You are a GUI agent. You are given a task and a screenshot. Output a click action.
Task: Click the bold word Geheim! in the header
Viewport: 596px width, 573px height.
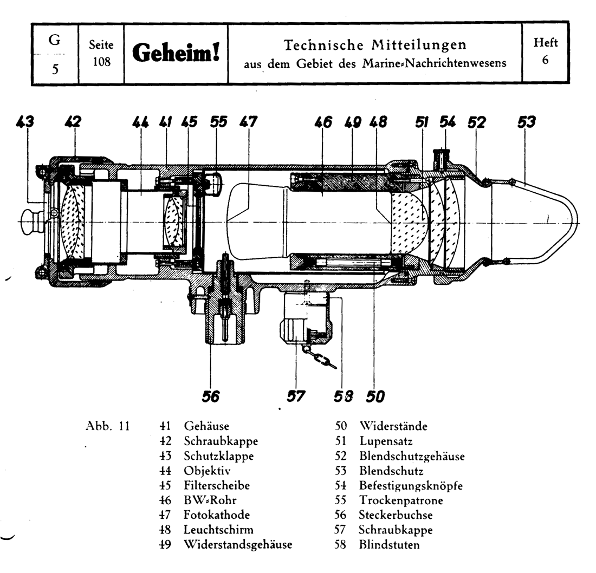click(x=176, y=53)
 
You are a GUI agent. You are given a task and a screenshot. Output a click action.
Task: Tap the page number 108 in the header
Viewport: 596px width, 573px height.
click(x=101, y=62)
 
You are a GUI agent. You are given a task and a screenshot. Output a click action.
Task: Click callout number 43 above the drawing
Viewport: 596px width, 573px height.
click(x=24, y=122)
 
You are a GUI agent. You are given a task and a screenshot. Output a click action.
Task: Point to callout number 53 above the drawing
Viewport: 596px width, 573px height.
click(x=526, y=122)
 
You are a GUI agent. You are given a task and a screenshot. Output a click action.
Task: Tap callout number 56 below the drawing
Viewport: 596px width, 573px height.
click(x=211, y=397)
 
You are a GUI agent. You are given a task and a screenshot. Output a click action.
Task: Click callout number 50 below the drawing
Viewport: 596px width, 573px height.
click(x=375, y=397)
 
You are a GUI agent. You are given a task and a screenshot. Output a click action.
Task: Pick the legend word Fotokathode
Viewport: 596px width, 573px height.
click(x=217, y=515)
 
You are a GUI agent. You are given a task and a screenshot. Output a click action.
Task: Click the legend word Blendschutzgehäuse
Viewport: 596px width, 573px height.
click(x=411, y=456)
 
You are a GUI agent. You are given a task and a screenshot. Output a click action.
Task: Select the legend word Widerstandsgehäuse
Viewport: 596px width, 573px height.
click(x=238, y=544)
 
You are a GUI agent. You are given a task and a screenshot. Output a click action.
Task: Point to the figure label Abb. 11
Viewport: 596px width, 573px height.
click(x=107, y=426)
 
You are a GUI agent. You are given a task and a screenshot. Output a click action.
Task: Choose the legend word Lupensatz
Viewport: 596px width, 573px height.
click(x=385, y=441)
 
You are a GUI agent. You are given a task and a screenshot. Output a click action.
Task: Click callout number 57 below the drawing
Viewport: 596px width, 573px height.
click(x=295, y=397)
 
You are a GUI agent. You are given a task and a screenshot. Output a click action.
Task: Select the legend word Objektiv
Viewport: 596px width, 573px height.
click(x=208, y=471)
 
